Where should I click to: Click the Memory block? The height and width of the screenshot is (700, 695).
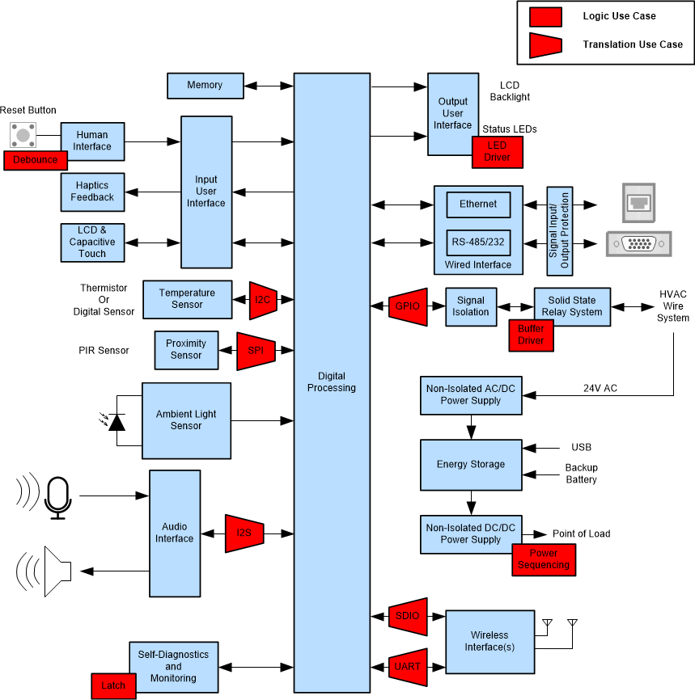(x=205, y=85)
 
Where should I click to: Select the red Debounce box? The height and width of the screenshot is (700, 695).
(x=36, y=160)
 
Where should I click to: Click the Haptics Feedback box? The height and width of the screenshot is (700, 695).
(x=92, y=192)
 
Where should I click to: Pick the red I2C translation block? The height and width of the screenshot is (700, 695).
(x=263, y=300)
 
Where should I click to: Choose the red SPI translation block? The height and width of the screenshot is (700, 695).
(x=256, y=351)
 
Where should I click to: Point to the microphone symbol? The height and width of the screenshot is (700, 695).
(x=57, y=496)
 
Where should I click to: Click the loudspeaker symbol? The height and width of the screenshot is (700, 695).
(x=57, y=571)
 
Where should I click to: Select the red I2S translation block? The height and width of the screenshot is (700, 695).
(x=244, y=533)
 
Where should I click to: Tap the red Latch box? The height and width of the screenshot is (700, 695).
(x=113, y=686)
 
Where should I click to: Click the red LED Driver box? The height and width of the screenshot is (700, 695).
(x=497, y=151)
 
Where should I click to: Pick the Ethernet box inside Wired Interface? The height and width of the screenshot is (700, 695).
(x=478, y=205)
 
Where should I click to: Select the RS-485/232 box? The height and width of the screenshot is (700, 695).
(x=478, y=242)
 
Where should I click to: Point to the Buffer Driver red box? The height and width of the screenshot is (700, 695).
(x=532, y=335)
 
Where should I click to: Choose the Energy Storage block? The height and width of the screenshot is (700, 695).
(x=471, y=465)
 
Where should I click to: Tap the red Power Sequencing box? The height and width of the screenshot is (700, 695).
(x=543, y=559)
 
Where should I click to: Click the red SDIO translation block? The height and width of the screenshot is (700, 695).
(x=408, y=616)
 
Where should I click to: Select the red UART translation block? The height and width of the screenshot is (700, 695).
(x=408, y=667)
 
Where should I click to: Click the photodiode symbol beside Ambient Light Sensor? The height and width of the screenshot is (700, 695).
(x=117, y=421)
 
